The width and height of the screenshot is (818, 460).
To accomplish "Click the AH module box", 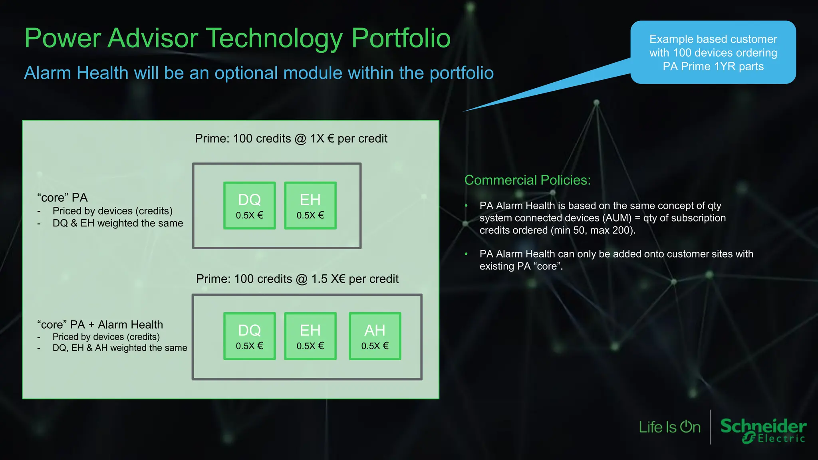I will point(375,336).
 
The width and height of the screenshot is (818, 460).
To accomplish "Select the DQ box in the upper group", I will point(249,205).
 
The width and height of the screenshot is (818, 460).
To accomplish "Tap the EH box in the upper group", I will point(310,205).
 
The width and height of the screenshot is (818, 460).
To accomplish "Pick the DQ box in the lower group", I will point(249,336).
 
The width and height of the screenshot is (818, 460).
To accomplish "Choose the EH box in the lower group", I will point(310,336).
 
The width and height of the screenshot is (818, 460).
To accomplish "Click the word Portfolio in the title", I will point(401,38).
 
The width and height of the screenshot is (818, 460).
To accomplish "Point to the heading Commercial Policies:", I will point(527,180).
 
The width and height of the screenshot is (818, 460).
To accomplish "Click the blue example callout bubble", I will point(713,52).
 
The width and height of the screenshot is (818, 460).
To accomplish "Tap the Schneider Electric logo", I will point(763,430).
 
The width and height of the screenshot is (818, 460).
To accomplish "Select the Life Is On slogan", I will point(669,427).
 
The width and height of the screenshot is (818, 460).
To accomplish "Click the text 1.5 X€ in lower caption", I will point(328,279).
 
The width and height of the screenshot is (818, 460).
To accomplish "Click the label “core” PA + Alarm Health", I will point(100,324).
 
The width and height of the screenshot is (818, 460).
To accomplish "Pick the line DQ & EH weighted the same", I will point(118,223).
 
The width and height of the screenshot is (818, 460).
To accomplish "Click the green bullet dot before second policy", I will point(466,254).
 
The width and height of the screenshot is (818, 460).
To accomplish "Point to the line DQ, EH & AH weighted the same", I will point(120,348).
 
